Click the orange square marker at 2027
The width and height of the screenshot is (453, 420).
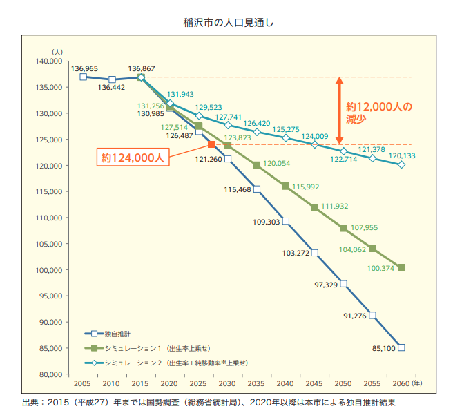(212, 144)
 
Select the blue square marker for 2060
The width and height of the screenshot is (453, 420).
(401, 347)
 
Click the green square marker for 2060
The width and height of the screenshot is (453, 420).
(401, 267)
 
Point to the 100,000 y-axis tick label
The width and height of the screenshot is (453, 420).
(51, 270)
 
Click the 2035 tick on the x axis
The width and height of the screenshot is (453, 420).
(256, 383)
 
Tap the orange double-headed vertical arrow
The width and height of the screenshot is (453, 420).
(339, 111)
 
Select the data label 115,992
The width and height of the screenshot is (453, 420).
(305, 187)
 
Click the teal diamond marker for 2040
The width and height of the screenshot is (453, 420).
(285, 137)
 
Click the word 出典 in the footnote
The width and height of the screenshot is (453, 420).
(32, 401)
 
